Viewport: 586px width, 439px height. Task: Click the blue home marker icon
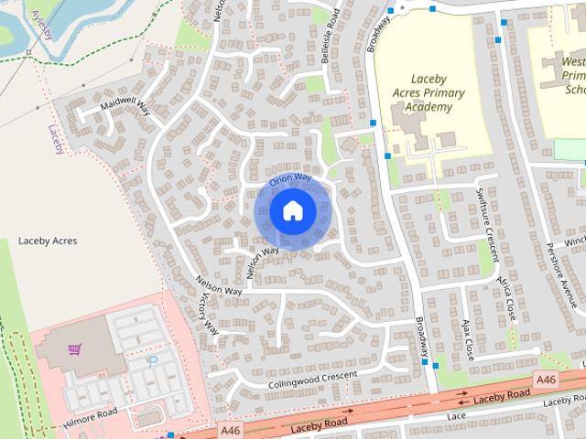291,210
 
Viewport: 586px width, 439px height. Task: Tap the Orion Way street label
290,178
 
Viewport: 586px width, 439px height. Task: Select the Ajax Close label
466,337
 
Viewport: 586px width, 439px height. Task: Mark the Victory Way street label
210,313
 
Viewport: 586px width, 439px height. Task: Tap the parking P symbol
154,362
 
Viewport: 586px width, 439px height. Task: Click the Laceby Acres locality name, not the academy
48,241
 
